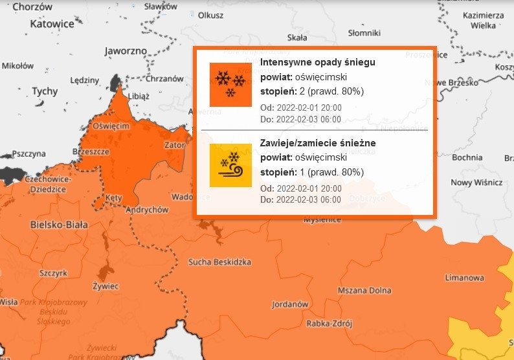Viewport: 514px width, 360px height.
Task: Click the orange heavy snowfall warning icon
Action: click(x=230, y=85)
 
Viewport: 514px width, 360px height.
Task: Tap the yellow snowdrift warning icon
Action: click(x=230, y=166)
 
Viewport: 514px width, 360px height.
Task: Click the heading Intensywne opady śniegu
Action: click(x=317, y=62)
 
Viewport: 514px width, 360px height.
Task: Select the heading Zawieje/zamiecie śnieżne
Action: click(x=318, y=142)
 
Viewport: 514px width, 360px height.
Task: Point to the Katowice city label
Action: click(x=52, y=23)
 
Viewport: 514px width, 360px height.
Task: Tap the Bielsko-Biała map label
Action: click(x=59, y=225)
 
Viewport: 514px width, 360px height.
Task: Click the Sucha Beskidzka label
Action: click(x=219, y=262)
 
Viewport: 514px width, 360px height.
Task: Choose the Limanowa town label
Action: click(x=464, y=278)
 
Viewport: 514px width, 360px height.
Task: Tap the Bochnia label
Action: click(x=467, y=157)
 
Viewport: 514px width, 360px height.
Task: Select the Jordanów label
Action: click(x=289, y=304)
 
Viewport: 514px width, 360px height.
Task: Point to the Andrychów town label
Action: click(x=146, y=210)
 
